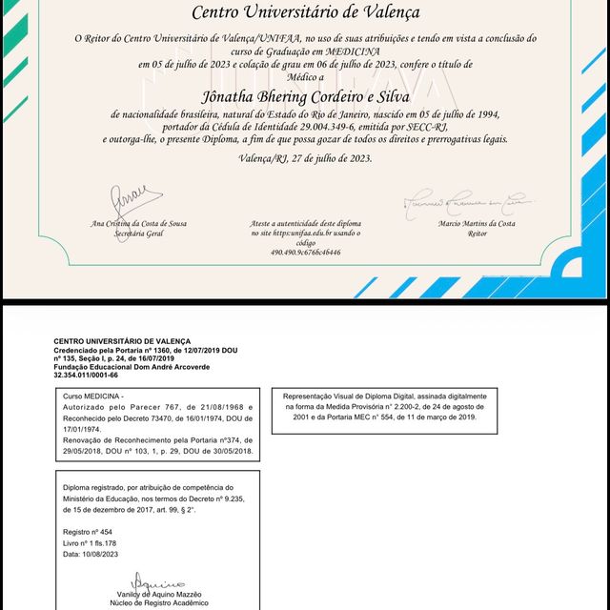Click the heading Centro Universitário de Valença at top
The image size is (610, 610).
[305, 13]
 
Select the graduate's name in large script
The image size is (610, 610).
[305, 96]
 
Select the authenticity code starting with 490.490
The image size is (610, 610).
[305, 253]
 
